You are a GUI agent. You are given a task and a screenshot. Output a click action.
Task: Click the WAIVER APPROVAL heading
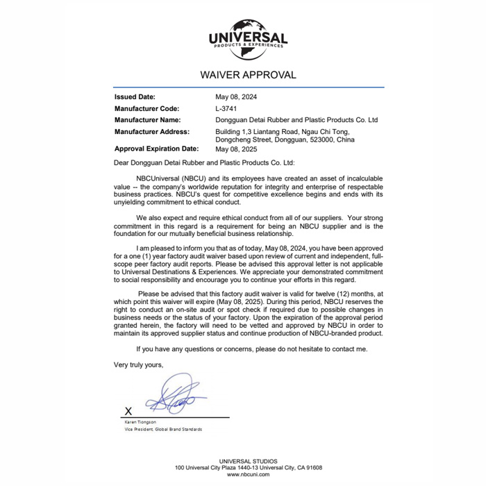(x=248, y=75)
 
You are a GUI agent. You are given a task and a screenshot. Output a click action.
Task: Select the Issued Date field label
(x=135, y=97)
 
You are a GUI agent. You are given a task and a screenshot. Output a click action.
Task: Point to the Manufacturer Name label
(x=147, y=120)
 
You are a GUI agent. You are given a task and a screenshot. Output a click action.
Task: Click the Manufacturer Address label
(x=151, y=131)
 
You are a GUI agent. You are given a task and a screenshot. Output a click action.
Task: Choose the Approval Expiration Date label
(x=156, y=149)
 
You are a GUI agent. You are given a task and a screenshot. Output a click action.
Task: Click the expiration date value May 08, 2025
(x=236, y=149)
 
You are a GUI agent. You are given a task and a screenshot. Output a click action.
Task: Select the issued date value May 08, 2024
(x=236, y=97)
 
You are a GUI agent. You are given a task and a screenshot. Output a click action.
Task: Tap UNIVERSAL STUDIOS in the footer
(x=248, y=461)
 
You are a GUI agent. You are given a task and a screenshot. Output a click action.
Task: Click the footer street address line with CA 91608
(x=248, y=468)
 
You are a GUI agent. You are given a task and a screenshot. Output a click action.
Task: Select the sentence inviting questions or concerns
(x=251, y=349)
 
